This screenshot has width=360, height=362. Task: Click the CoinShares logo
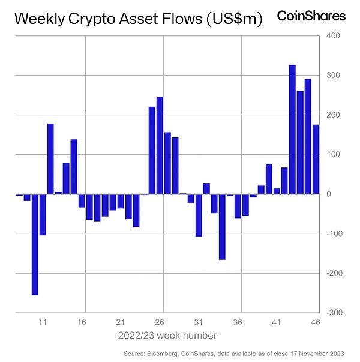tap(311, 17)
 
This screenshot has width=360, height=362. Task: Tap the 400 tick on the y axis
tap(333, 36)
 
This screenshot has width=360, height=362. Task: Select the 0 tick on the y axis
tap(329, 194)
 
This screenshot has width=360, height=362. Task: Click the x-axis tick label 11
tap(43, 322)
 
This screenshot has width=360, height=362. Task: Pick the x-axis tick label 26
tap(160, 322)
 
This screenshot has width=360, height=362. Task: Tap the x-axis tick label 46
tap(316, 322)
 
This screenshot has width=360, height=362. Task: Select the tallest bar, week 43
tap(292, 129)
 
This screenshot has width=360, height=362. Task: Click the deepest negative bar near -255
tap(35, 244)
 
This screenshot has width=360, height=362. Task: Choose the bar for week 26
tap(160, 145)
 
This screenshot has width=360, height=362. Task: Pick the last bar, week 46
tap(316, 159)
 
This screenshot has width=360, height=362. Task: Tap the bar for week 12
tap(50, 158)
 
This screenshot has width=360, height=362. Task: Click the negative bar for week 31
tap(199, 215)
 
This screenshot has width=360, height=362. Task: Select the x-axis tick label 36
tap(238, 322)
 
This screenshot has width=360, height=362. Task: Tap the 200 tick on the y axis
tap(333, 115)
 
